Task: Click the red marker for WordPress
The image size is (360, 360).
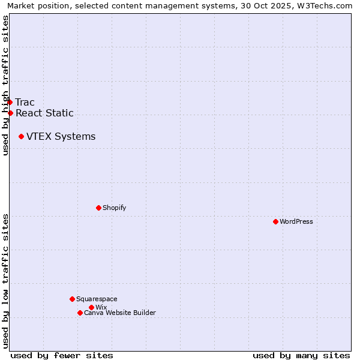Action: pyautogui.click(x=275, y=221)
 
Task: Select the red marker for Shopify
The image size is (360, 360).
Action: pyautogui.click(x=98, y=208)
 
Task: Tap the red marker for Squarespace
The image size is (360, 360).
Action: pyautogui.click(x=72, y=299)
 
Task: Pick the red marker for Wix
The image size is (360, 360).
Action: pyautogui.click(x=91, y=307)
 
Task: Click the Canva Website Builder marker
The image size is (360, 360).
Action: pyautogui.click(x=80, y=313)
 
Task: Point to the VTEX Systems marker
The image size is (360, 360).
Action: pyautogui.click(x=21, y=137)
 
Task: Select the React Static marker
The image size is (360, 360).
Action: pyautogui.click(x=10, y=113)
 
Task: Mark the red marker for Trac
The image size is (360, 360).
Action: pyautogui.click(x=10, y=102)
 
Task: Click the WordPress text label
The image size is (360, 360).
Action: pyautogui.click(x=296, y=222)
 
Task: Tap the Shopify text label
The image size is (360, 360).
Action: pyautogui.click(x=115, y=208)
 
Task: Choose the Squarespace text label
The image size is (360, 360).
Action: pyautogui.click(x=97, y=299)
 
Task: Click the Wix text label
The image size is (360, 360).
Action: pyautogui.click(x=101, y=308)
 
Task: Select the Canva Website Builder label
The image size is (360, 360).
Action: pyautogui.click(x=120, y=313)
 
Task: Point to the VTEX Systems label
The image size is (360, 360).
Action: pyautogui.click(x=61, y=137)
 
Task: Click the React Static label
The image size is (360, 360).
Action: pyautogui.click(x=44, y=113)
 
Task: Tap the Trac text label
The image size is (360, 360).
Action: pyautogui.click(x=25, y=103)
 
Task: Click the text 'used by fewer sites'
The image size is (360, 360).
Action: pyautogui.click(x=62, y=355)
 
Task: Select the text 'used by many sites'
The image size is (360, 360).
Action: pyautogui.click(x=301, y=355)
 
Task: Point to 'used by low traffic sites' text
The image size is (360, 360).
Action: pyautogui.click(x=6, y=280)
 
